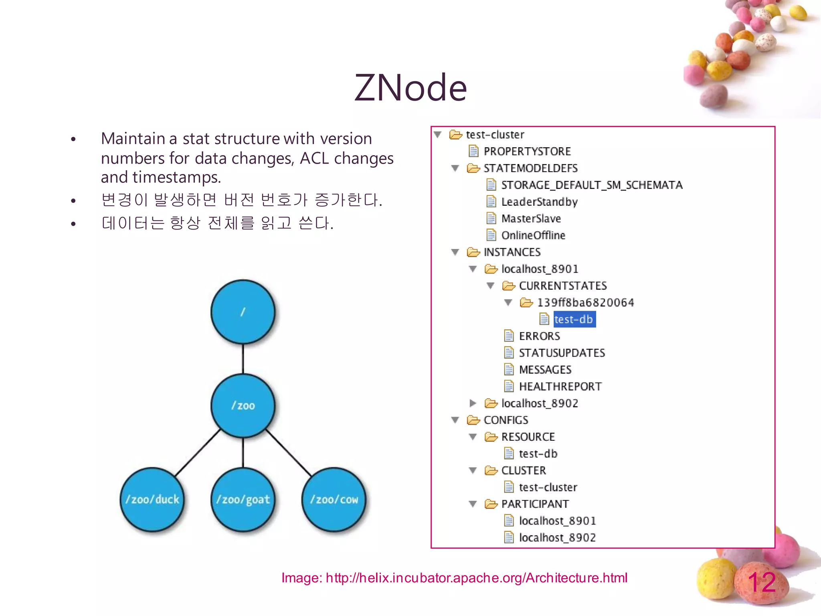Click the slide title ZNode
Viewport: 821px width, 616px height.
(x=410, y=88)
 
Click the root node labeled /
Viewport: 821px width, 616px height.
(x=243, y=312)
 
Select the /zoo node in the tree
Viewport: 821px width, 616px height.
(x=243, y=405)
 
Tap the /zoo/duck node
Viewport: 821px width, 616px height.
(x=152, y=499)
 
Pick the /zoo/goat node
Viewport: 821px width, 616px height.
(x=243, y=499)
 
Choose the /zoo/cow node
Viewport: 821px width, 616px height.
(x=334, y=499)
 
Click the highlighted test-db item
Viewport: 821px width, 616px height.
(x=574, y=319)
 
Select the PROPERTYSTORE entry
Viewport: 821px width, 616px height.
(x=527, y=151)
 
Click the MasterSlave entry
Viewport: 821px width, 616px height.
(x=531, y=219)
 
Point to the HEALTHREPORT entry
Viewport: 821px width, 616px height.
(x=560, y=386)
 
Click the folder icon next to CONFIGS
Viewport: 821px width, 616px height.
(x=473, y=420)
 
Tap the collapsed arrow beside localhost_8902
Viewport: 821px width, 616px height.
(x=473, y=403)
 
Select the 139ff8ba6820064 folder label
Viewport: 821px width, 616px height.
(x=585, y=302)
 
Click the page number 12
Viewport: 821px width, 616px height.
(x=762, y=582)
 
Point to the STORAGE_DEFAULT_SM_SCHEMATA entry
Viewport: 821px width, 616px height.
(x=592, y=185)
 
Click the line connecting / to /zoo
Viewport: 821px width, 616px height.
(x=243, y=359)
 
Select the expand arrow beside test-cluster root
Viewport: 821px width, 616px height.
(x=438, y=134)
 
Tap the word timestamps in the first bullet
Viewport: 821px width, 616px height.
(x=176, y=177)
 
